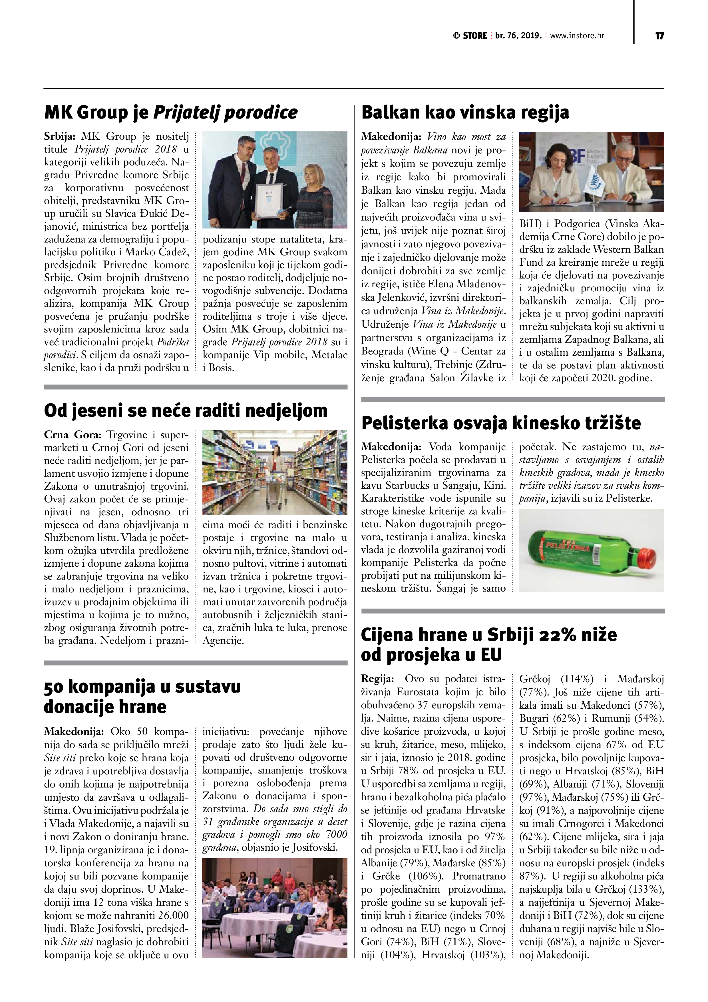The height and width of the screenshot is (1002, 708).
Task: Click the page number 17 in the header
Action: [659, 36]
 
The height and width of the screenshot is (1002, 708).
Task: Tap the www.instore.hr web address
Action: [577, 36]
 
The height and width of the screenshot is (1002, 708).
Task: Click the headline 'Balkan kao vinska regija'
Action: [465, 112]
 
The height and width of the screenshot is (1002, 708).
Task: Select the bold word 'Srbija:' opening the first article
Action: [60, 137]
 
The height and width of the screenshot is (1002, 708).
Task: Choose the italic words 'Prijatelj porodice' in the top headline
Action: [225, 112]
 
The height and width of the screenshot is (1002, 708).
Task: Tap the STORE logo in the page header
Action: [470, 36]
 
